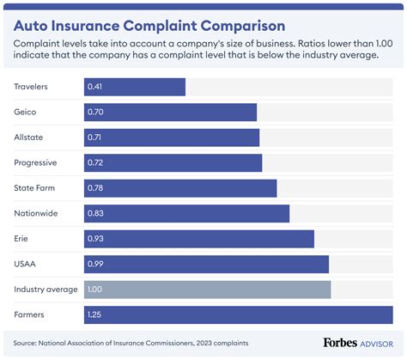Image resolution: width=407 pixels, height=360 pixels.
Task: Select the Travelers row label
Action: [x=32, y=87]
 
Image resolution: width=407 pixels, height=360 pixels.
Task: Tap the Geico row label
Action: [x=26, y=112]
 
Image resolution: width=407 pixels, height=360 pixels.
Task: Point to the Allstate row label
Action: [x=28, y=137]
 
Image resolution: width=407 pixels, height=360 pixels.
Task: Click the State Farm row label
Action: [x=35, y=188]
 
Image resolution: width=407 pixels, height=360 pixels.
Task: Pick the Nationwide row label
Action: [x=36, y=213]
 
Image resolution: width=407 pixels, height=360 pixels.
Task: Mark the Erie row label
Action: [x=22, y=238]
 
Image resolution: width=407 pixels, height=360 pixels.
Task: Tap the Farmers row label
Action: [x=30, y=314]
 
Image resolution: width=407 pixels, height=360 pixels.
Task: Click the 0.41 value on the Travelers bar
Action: [x=94, y=87]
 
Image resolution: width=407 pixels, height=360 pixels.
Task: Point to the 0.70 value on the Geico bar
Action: [x=94, y=112]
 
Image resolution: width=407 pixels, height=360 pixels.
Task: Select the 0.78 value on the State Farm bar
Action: [x=94, y=188]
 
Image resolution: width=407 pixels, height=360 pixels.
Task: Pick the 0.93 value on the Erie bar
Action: [x=94, y=238]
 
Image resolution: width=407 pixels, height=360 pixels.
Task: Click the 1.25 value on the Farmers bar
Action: [x=94, y=314]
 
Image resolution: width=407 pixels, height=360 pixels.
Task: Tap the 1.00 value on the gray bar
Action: [x=94, y=290]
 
